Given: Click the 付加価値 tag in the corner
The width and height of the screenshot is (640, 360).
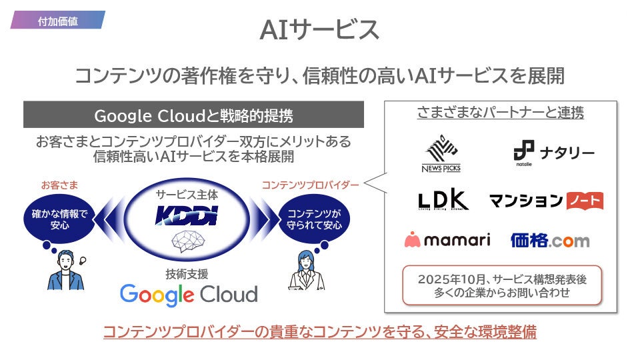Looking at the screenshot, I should (x=57, y=21).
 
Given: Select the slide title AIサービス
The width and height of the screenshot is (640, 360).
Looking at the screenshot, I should (x=319, y=29).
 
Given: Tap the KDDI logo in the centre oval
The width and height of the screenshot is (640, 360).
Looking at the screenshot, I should (x=187, y=215).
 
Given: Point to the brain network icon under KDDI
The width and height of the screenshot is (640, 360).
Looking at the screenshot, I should (x=187, y=241).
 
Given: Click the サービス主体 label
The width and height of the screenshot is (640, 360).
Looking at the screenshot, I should (x=187, y=195).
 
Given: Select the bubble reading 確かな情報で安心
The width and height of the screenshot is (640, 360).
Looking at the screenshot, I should (x=59, y=220).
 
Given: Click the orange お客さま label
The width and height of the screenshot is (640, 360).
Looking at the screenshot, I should (x=59, y=185).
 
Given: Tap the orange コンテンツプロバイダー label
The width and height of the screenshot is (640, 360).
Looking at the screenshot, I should (x=311, y=185).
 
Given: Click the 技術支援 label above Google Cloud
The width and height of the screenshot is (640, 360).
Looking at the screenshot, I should (x=187, y=273).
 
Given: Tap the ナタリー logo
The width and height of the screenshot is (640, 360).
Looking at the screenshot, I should (x=553, y=153).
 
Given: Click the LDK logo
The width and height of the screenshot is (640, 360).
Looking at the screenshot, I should (x=443, y=200).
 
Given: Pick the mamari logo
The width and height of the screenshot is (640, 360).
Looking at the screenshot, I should (x=447, y=240).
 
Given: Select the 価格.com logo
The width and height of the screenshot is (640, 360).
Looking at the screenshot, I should (x=550, y=240).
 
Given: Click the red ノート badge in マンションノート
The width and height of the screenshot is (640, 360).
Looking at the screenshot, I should (x=585, y=200).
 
